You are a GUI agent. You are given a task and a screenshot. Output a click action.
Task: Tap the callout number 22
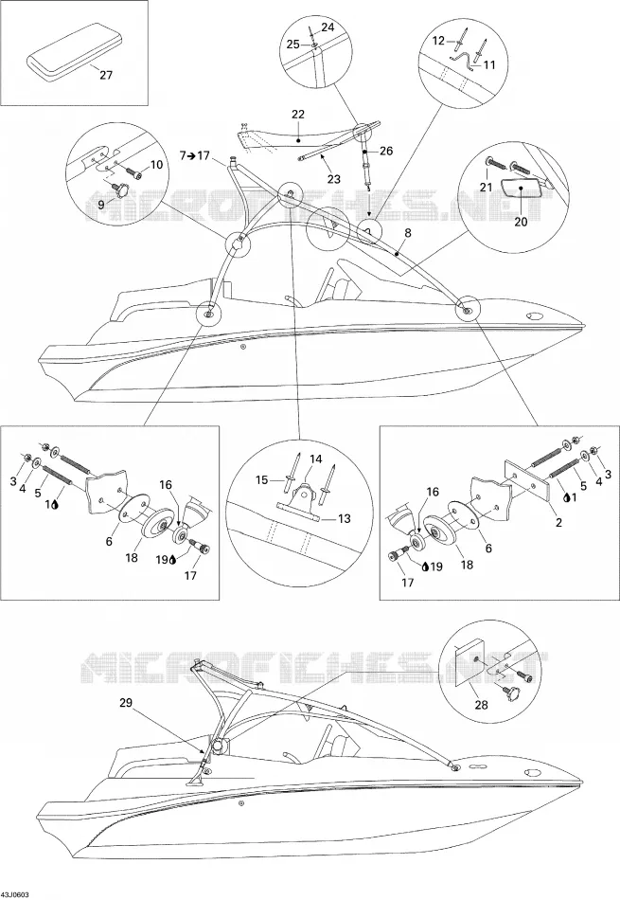point(298,115)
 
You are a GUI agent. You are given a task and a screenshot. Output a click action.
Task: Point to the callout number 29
point(129,702)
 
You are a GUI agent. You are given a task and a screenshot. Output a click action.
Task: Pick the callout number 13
point(345,518)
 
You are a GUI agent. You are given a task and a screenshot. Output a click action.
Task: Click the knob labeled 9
point(121,190)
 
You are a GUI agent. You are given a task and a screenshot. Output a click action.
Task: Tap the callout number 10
point(156,165)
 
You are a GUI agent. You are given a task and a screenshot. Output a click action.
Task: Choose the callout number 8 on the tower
point(408,233)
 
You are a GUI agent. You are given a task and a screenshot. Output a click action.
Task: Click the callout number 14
point(316,459)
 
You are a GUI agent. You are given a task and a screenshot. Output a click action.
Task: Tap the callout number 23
point(334,179)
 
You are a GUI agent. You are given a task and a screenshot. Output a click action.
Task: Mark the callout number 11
point(488,64)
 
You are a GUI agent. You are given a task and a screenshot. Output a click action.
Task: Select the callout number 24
point(327,27)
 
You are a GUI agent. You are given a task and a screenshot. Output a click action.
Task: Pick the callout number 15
point(261,480)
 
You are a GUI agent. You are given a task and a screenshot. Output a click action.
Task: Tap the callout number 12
point(438,40)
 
